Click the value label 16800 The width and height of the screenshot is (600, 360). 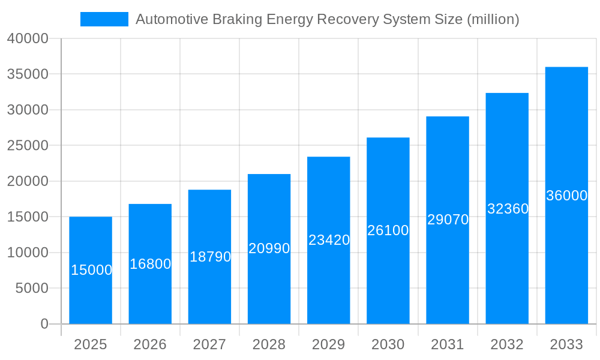[x=150, y=264]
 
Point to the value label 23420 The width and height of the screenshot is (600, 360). [x=329, y=240]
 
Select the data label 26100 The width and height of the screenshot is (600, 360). [x=388, y=230]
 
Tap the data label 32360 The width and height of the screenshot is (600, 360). [x=508, y=209]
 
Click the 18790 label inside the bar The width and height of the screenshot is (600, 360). [x=210, y=257]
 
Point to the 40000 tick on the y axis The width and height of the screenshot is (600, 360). [x=28, y=38]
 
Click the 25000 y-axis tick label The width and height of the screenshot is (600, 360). [x=28, y=146]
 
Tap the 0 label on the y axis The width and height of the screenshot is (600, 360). [x=44, y=324]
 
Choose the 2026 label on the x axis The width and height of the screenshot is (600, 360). [x=150, y=344]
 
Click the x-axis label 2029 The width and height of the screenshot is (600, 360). [x=329, y=344]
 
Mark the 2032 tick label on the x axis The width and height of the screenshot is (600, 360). [x=507, y=344]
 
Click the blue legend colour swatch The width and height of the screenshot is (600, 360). [x=104, y=19]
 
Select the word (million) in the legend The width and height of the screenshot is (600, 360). [x=493, y=19]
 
